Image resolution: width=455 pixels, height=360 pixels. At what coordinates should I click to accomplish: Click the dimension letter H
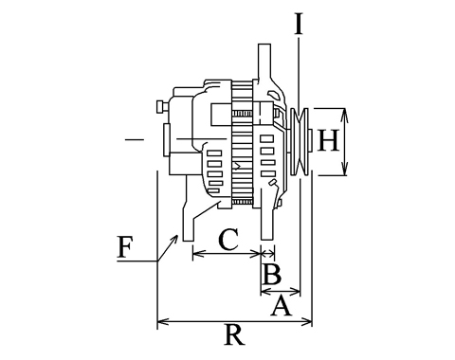[x=329, y=140]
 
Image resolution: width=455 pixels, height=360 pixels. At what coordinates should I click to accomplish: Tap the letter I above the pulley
[x=299, y=24]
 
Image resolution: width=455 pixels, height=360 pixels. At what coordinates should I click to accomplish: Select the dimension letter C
[x=228, y=240]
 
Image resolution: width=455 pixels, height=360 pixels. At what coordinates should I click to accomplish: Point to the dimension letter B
[x=271, y=274]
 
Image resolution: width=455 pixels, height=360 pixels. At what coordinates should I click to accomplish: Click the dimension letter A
[x=281, y=305]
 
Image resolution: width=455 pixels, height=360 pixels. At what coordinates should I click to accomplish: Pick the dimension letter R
[x=234, y=334]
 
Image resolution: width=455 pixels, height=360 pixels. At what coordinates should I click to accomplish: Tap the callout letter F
[x=125, y=246]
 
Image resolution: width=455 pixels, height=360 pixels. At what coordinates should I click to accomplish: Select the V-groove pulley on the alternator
[x=300, y=142]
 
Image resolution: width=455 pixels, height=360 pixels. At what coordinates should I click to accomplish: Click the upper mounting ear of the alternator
[x=264, y=62]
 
